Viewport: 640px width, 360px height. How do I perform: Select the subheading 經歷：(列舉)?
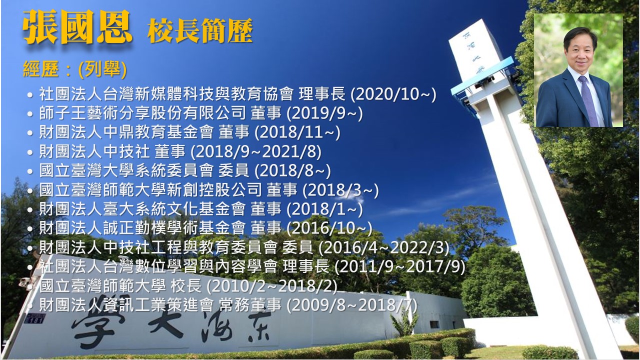tap(74, 69)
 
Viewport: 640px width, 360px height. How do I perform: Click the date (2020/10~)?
tap(393, 94)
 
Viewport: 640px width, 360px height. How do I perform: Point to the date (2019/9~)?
tap(324, 113)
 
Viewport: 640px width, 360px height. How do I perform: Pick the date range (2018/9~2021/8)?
tap(256, 151)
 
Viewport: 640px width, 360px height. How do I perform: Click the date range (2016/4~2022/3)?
tap(383, 247)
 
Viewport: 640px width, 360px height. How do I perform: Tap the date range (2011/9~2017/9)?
tap(399, 267)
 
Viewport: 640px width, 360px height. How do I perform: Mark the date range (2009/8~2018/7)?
tap(351, 305)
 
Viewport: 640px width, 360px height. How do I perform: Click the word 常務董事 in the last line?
tap(249, 305)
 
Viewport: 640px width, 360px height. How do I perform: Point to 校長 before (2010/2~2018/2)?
tap(186, 286)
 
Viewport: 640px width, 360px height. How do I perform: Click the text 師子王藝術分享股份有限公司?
tap(142, 113)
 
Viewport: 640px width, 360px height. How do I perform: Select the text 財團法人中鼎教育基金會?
tap(126, 132)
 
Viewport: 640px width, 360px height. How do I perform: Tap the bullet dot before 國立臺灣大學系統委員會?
tap(30, 171)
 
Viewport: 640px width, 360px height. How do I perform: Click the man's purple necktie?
tap(588, 100)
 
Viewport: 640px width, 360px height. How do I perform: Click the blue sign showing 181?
tap(34, 318)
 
